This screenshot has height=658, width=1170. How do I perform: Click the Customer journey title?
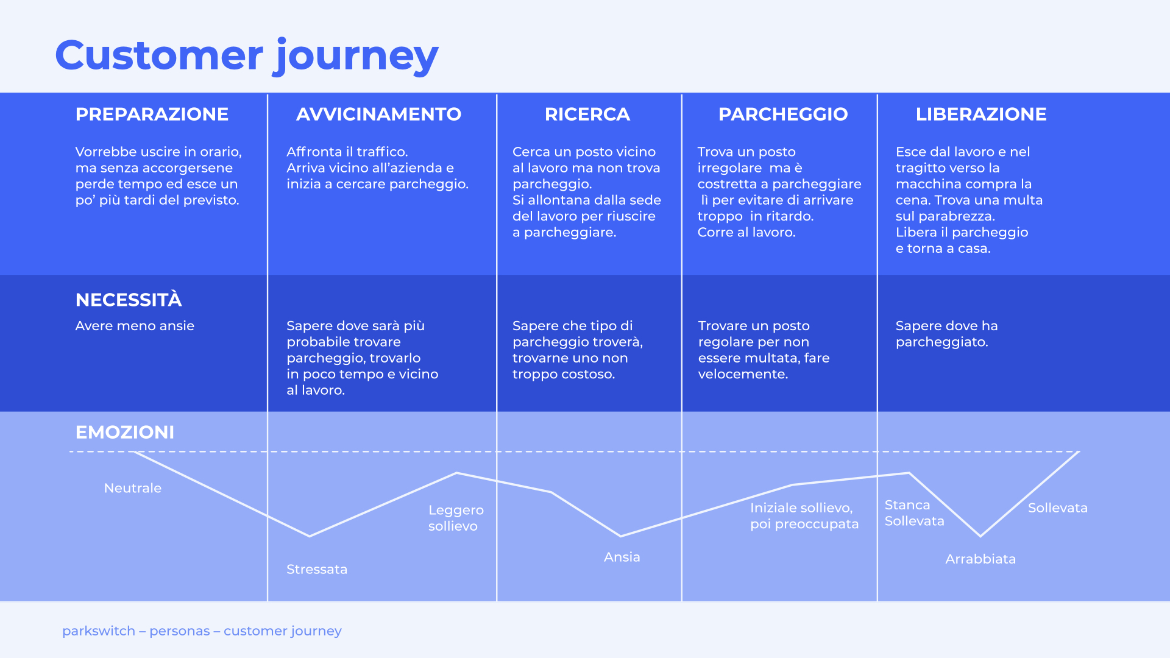(247, 55)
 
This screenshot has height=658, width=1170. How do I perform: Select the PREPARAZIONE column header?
(152, 114)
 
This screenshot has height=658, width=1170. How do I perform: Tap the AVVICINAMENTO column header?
(378, 114)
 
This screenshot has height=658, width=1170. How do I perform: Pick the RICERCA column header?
(587, 114)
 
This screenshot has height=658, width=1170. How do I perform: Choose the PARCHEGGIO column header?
(783, 114)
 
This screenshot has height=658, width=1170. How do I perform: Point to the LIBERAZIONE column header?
(981, 114)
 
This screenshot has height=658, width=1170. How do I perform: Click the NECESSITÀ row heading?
(129, 300)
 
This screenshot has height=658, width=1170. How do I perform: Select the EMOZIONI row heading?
(125, 432)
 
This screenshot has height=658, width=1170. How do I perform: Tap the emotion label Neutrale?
(133, 488)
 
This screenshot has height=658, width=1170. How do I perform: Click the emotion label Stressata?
(317, 569)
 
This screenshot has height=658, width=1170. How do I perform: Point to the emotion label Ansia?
(622, 557)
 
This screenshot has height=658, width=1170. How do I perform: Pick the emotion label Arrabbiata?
(980, 559)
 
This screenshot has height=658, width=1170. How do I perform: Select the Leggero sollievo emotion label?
(455, 518)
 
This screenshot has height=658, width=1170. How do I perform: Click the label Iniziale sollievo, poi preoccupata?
(804, 516)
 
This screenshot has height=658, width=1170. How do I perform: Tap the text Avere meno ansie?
(135, 326)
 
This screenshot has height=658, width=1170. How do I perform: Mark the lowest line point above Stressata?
(310, 536)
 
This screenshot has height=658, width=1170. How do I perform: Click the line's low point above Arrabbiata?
(980, 536)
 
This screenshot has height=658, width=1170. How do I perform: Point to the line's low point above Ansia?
(621, 536)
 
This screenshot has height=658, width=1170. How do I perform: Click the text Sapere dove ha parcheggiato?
(946, 334)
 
